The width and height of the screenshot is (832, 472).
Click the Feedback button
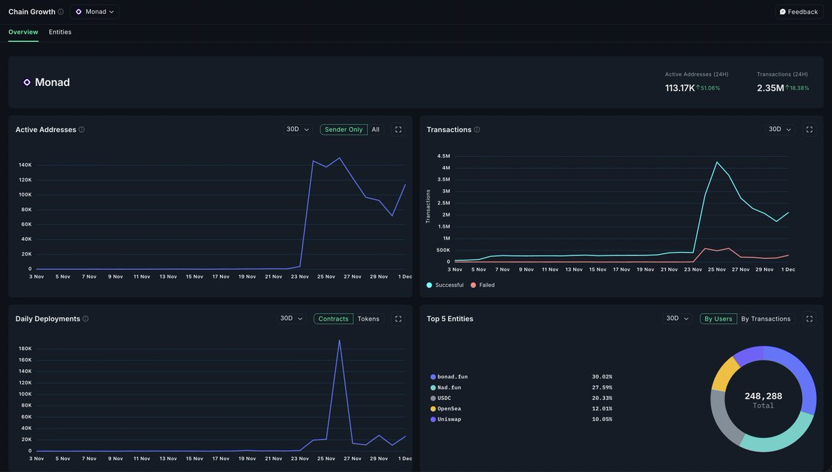coord(799,12)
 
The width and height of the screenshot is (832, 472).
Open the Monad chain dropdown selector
coord(94,12)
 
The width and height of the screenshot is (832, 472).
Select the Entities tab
coord(60,32)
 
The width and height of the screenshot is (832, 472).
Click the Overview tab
coord(23,32)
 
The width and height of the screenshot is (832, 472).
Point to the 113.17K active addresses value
coord(679,88)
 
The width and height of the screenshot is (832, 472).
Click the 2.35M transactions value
coord(770,88)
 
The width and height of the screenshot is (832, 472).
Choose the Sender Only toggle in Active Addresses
coord(343,130)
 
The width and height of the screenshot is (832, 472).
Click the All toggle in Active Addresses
coord(375,130)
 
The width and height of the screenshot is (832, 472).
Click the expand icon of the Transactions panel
coord(809,130)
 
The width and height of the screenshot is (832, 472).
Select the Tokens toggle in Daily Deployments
coord(368,319)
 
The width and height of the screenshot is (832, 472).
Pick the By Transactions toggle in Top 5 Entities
coord(765,319)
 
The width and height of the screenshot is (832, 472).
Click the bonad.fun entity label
coord(452,377)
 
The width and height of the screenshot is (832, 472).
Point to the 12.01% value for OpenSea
coord(602,409)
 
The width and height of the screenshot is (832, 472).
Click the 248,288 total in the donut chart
coord(763,396)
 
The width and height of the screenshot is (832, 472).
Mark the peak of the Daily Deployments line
coord(339,340)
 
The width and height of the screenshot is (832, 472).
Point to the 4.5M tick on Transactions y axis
coord(443,156)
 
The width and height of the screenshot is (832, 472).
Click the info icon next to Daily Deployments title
coord(85,319)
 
